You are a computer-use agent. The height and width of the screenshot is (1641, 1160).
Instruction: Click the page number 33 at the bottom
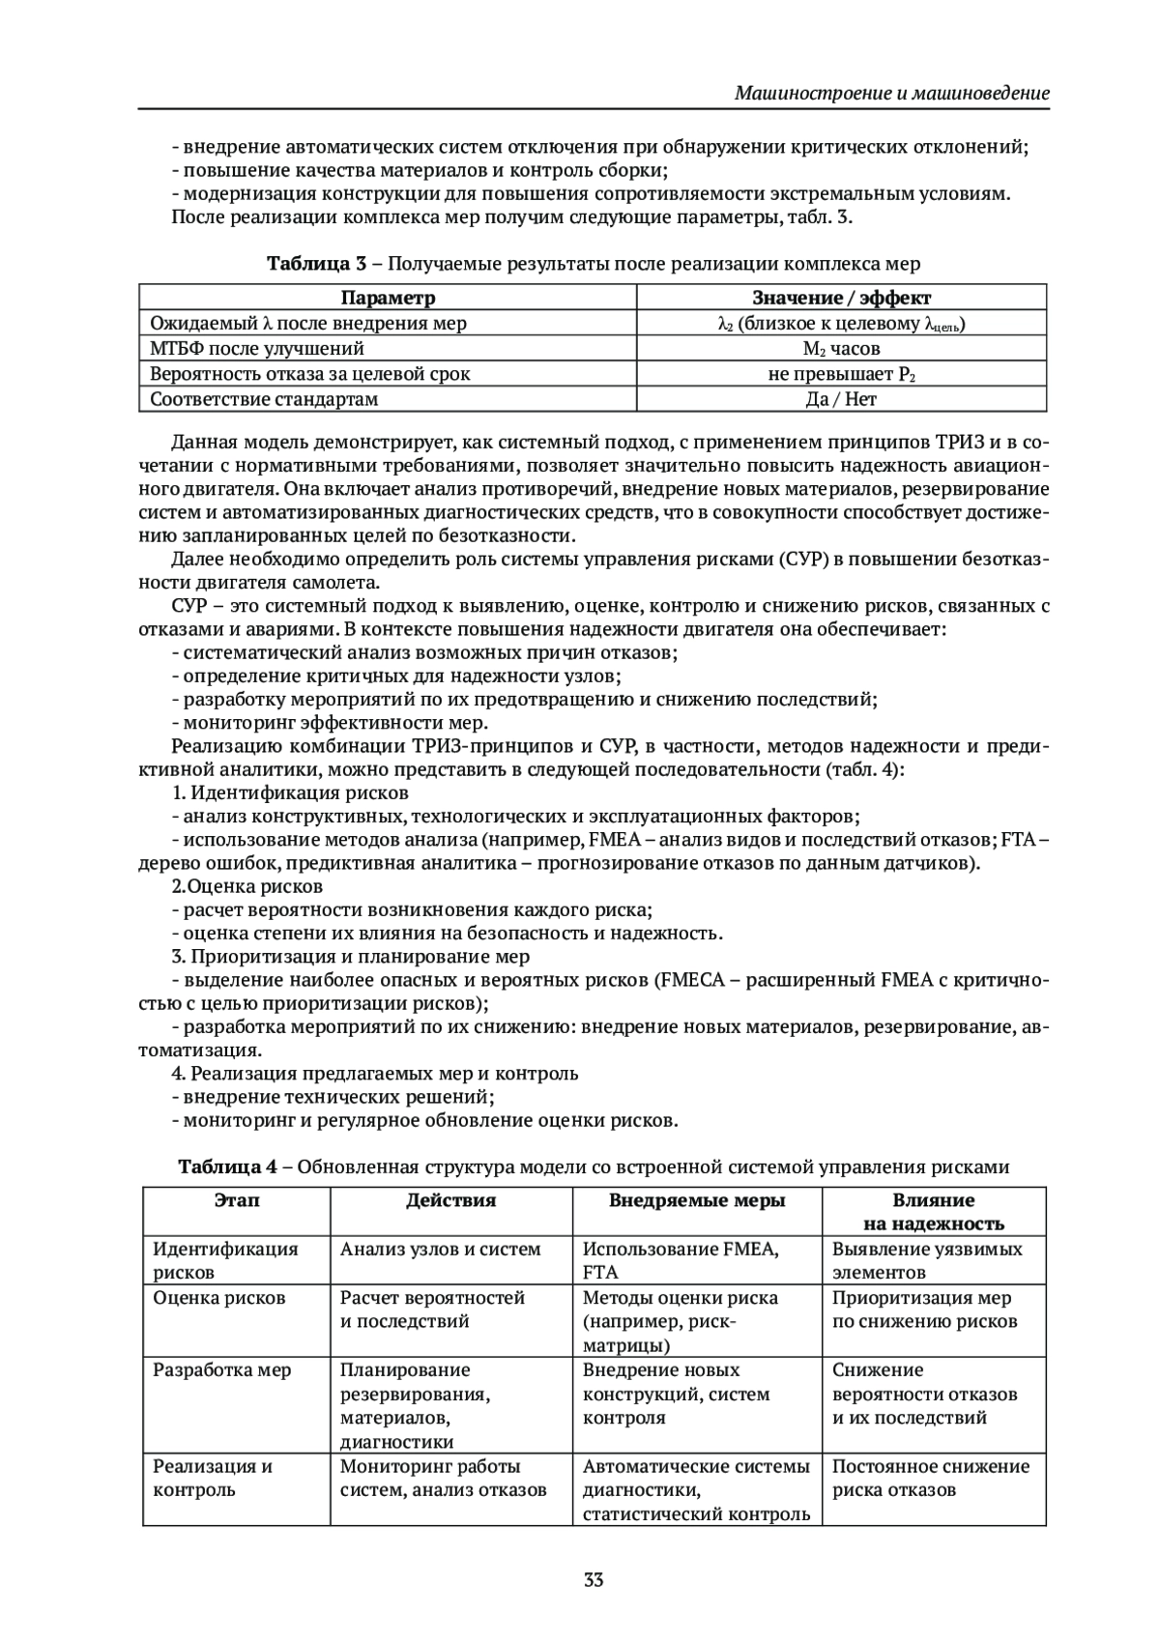594,1581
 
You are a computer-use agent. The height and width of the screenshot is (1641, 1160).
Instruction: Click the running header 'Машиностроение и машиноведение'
891,94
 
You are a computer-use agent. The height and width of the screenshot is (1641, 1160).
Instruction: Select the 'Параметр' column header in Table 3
388,298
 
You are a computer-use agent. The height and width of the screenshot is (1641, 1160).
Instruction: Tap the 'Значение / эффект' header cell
841,298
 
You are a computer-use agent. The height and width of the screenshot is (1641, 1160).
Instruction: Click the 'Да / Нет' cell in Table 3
841,398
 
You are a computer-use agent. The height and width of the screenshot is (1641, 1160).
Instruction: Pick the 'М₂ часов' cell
841,348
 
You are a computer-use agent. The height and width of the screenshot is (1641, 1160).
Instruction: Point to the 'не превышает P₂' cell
841,373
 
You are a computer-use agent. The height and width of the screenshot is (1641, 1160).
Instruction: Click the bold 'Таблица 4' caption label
228,1166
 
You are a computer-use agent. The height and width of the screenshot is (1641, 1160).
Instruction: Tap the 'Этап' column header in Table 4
236,1200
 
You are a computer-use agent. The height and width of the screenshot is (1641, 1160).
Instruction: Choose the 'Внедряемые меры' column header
696,1200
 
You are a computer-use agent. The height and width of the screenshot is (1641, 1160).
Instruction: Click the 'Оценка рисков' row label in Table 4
219,1298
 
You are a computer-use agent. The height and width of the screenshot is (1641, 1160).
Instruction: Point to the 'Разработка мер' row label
222,1369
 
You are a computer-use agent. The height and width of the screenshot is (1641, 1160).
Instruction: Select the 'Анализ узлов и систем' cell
440,1249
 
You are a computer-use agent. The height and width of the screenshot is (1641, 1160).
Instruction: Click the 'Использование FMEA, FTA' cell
681,1260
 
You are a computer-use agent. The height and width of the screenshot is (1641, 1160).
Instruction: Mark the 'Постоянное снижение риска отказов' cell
930,1478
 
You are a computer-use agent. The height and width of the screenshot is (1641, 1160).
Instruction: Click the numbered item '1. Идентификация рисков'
290,792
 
